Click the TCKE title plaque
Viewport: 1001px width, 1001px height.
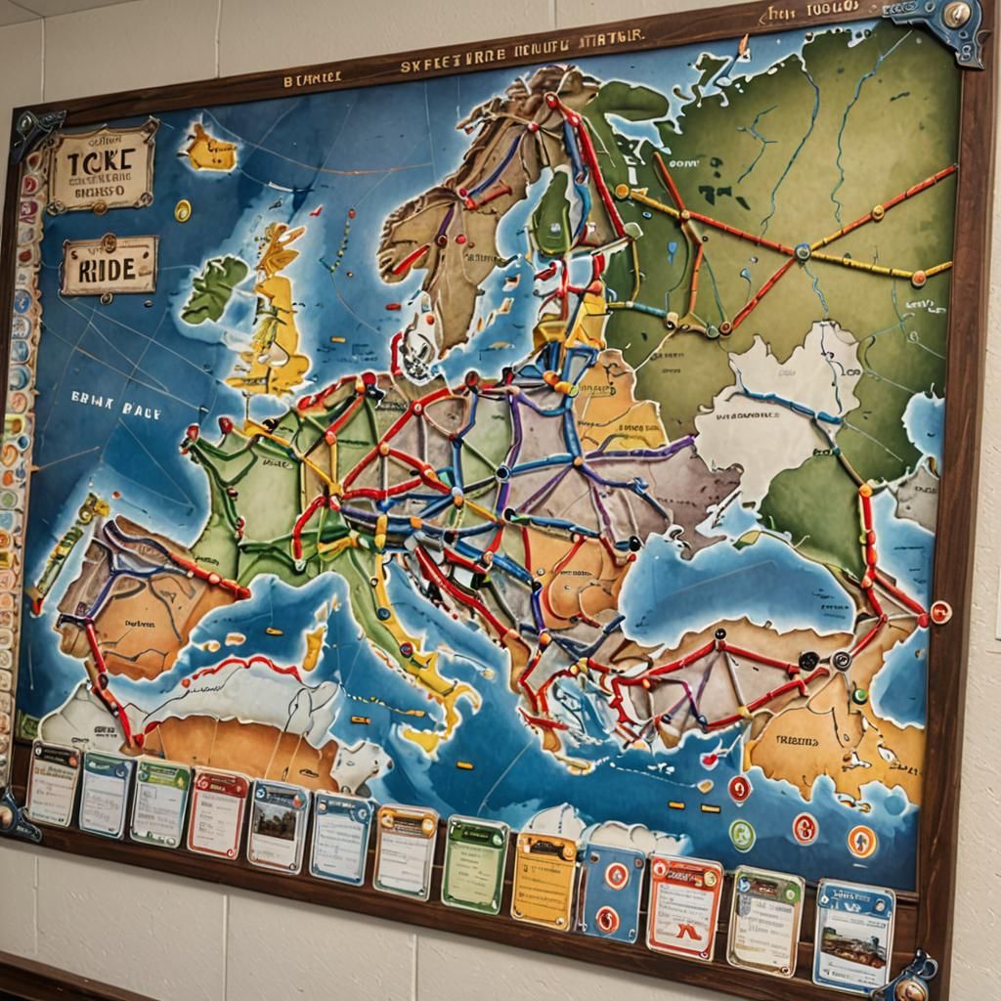coord(101,166)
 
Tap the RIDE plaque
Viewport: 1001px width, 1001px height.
coord(109,265)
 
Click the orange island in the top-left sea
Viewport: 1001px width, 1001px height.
coord(211,150)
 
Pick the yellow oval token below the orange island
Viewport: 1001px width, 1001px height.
coord(183,209)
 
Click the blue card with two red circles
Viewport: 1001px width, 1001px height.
coord(612,892)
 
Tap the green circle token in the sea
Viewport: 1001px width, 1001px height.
coord(742,834)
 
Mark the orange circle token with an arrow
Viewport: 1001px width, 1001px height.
coord(861,841)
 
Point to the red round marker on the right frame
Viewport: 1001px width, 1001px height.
coord(940,612)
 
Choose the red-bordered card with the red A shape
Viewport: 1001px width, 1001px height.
coord(684,907)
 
